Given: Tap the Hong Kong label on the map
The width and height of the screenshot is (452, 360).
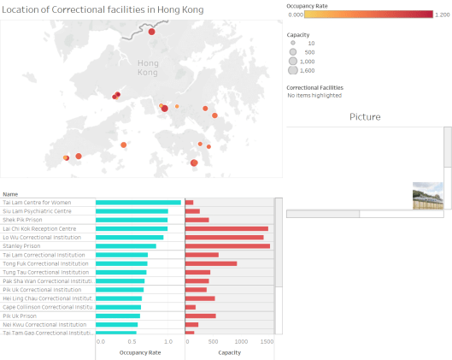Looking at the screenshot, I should [148, 68].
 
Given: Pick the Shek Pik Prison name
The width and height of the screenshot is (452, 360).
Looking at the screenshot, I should [26, 220].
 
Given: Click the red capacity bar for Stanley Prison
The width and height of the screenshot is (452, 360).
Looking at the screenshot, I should [227, 246].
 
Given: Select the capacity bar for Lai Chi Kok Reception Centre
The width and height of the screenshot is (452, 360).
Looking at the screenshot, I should [226, 228].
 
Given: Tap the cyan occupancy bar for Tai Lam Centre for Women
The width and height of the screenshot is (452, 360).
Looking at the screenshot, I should [138, 203].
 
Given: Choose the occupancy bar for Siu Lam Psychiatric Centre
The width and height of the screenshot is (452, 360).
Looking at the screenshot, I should [132, 211].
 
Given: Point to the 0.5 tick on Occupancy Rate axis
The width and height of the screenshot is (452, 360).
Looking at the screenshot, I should [134, 341].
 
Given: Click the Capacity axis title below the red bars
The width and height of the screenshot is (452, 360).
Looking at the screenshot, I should [229, 351].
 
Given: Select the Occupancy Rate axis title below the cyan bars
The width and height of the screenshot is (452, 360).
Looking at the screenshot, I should [140, 351].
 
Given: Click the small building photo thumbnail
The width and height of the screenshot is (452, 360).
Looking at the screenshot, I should [428, 195].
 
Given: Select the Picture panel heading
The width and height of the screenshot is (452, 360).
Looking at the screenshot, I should [365, 117].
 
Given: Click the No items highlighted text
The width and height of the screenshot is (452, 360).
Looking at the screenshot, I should [314, 95].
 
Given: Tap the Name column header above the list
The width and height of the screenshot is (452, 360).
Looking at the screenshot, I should [10, 194].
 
